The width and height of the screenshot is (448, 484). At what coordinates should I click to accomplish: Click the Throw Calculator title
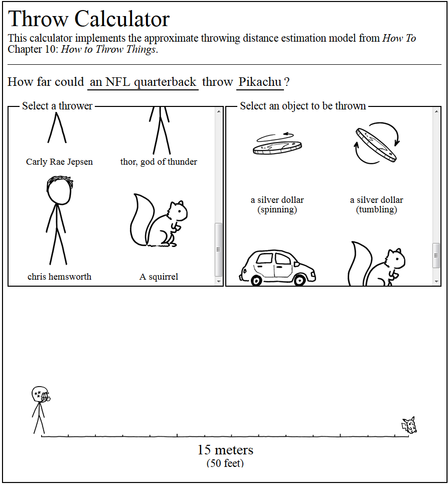pyautogui.click(x=89, y=19)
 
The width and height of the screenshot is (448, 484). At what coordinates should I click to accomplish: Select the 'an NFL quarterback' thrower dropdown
pyautogui.click(x=143, y=82)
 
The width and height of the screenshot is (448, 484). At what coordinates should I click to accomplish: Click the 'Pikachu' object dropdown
pyautogui.click(x=260, y=82)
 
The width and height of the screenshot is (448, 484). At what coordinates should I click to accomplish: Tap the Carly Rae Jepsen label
pyautogui.click(x=59, y=162)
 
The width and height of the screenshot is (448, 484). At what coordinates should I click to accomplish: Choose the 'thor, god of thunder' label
pyautogui.click(x=159, y=162)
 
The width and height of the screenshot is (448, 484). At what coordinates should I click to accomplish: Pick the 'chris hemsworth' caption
pyautogui.click(x=59, y=277)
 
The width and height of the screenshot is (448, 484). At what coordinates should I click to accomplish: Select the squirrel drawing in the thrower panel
pyautogui.click(x=158, y=220)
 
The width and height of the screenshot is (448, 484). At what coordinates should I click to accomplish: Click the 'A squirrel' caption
pyautogui.click(x=159, y=277)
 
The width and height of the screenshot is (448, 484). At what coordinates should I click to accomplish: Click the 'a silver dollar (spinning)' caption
pyautogui.click(x=277, y=204)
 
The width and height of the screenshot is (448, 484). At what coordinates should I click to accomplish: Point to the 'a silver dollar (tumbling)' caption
pyautogui.click(x=377, y=204)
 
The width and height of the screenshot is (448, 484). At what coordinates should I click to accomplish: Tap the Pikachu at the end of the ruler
pyautogui.click(x=409, y=425)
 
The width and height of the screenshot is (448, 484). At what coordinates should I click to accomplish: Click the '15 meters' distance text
pyautogui.click(x=225, y=450)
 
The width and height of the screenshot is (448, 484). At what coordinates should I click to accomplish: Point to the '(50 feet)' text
pyautogui.click(x=225, y=463)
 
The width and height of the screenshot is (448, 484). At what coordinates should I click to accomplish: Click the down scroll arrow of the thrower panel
pyautogui.click(x=219, y=282)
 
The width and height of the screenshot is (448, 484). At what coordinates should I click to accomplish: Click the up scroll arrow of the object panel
pyautogui.click(x=436, y=111)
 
